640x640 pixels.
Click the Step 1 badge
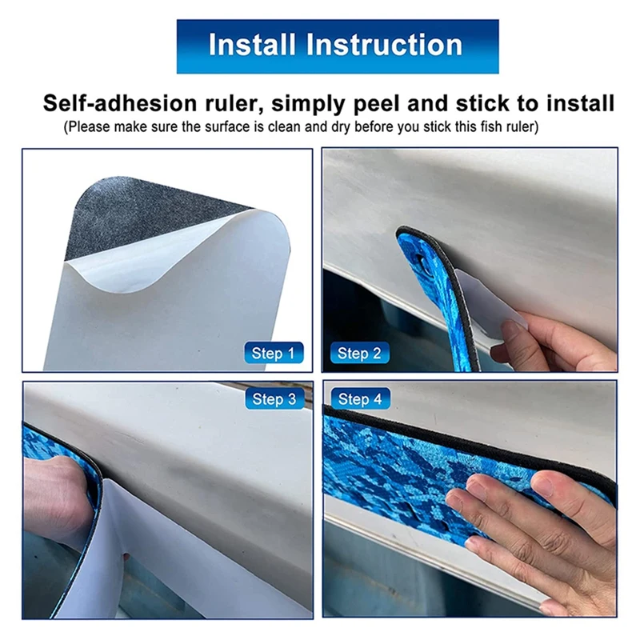tap(274, 353)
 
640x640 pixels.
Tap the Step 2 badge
tap(359, 353)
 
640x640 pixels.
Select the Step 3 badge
tap(274, 398)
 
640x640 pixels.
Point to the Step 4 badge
tap(360, 398)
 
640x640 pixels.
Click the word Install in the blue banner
tap(252, 45)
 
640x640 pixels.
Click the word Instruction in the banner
tap(384, 45)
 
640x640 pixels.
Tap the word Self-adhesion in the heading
tap(120, 103)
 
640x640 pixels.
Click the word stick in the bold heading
tap(482, 103)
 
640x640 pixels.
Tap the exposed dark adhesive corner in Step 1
tap(134, 212)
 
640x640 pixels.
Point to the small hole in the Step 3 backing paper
tap(126, 555)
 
